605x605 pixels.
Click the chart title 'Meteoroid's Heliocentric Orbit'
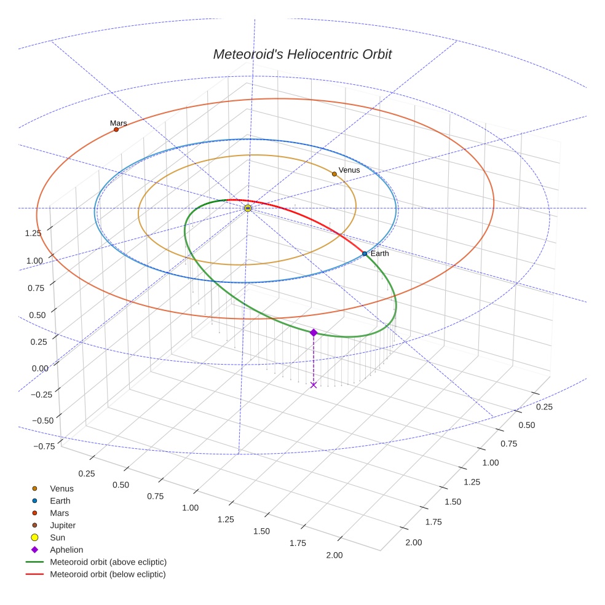click(x=302, y=54)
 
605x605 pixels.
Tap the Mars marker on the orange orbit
click(x=116, y=130)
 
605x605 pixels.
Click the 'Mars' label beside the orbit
click(x=119, y=123)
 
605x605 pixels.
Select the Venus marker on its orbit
click(x=334, y=174)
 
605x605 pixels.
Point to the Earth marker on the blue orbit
click(x=365, y=253)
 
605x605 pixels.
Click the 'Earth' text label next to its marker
click(x=379, y=253)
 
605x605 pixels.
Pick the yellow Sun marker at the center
click(x=248, y=208)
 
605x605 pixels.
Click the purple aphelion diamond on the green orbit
click(x=314, y=333)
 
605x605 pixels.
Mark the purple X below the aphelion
click(x=314, y=385)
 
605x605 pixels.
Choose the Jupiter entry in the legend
click(x=63, y=525)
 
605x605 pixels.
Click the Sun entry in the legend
click(x=57, y=537)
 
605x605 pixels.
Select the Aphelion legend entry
click(x=66, y=550)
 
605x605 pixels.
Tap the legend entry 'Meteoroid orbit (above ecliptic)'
click(x=108, y=562)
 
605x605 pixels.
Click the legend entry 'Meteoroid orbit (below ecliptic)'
click(x=108, y=574)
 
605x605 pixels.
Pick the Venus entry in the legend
click(x=61, y=489)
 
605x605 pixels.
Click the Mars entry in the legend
click(x=59, y=513)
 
